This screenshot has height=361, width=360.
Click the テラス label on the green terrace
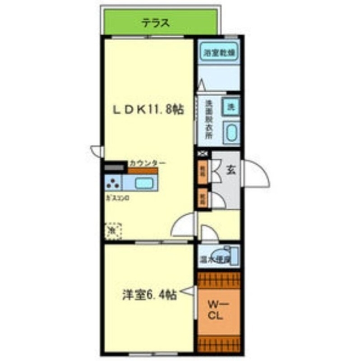click(155, 22)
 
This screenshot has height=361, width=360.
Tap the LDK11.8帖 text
click(148, 109)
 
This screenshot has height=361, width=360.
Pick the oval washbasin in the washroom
click(231, 133)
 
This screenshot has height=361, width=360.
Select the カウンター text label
click(147, 163)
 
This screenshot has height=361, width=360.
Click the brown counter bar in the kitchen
click(143, 171)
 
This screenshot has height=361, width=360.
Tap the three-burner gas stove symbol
click(113, 183)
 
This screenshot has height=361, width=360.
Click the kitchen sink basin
click(144, 183)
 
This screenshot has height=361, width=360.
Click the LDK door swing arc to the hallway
click(183, 225)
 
